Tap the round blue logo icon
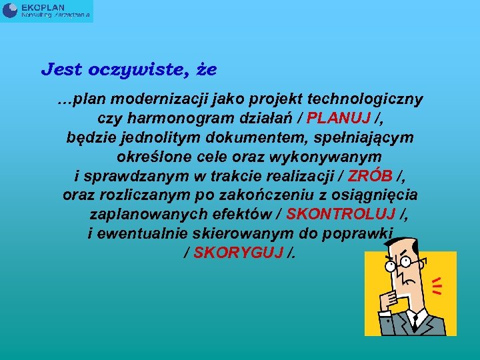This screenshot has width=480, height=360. point(11,10)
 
